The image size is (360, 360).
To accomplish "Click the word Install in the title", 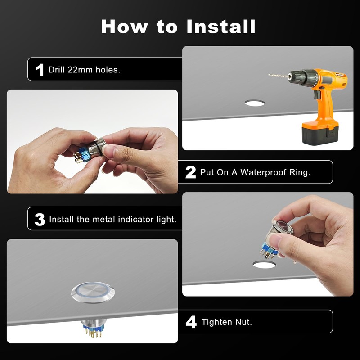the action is pos(221,27).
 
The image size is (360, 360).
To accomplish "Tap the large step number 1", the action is pos(40,70).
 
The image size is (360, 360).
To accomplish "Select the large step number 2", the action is pos(190,172).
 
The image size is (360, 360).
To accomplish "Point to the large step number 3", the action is pos(40,220).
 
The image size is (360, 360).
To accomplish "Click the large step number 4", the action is pos(191,322).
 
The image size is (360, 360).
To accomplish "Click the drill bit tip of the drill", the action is pos(269,75).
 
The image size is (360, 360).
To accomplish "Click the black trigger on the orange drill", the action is pos(317,94).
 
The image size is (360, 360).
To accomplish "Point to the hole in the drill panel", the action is pos(255,103).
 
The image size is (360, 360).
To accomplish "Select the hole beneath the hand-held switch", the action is pos(264,265).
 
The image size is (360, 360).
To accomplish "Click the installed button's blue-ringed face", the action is pos(93,292).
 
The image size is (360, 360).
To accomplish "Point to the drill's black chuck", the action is pos(302,78).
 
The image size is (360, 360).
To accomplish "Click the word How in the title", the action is pos(125,27).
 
